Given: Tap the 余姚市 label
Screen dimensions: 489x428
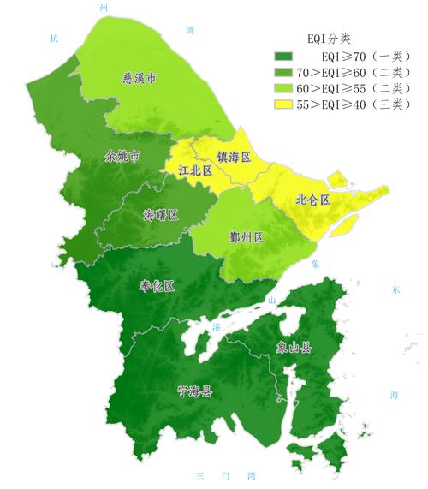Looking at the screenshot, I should click(122, 158).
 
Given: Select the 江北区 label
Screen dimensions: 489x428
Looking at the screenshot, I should click(194, 170).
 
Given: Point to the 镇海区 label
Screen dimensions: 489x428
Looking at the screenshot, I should click(233, 158).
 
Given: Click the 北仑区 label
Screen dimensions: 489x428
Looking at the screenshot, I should click(312, 199).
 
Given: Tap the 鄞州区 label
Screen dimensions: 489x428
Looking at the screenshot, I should click(247, 235).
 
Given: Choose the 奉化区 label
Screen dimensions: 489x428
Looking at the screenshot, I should click(157, 286).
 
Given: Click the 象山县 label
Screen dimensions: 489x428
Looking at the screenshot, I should click(294, 347).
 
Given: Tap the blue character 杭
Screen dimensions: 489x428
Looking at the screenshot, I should click(54, 39).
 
